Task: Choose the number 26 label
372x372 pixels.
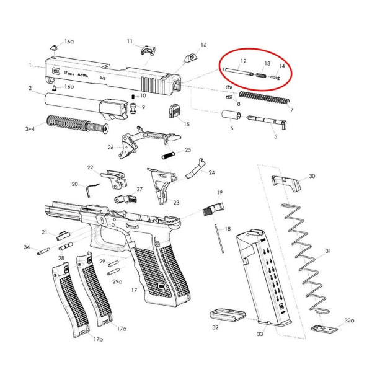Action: pos(110,147)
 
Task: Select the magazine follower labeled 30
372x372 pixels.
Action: pos(285,182)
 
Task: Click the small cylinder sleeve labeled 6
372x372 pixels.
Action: pos(231,117)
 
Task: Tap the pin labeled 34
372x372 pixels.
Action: pos(43,251)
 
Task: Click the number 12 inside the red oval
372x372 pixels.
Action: pos(243,61)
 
